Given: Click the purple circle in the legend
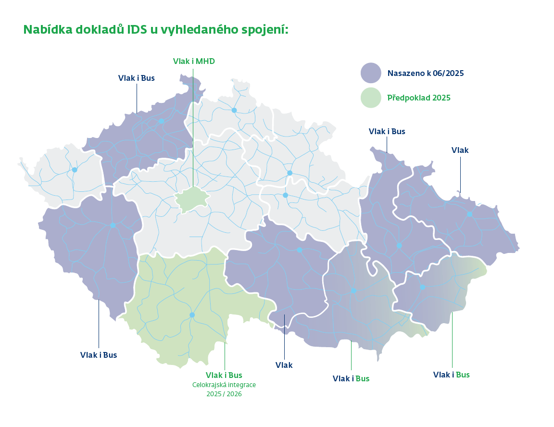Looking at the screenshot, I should pyautogui.click(x=371, y=73).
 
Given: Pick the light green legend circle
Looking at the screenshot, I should pyautogui.click(x=371, y=98).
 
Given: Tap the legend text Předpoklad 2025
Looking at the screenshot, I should pyautogui.click(x=419, y=98).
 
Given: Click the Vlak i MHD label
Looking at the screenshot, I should pyautogui.click(x=194, y=61).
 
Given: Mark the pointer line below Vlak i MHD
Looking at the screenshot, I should pyautogui.click(x=193, y=125).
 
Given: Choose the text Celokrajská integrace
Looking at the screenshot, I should pyautogui.click(x=224, y=385).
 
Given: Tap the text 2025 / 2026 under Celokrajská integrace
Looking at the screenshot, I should pyautogui.click(x=224, y=394).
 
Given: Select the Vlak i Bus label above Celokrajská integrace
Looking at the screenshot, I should pyautogui.click(x=224, y=375).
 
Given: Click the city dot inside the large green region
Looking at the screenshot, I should pyautogui.click(x=192, y=315).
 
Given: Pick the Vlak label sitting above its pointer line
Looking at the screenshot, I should pyautogui.click(x=460, y=150).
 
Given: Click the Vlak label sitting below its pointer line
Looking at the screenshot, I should pyautogui.click(x=284, y=365).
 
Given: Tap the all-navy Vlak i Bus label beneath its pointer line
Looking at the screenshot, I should pyautogui.click(x=99, y=355).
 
